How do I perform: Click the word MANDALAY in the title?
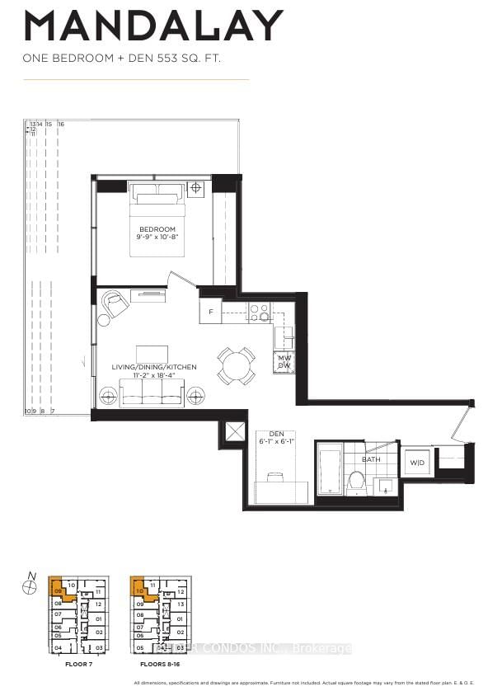[x=153, y=27]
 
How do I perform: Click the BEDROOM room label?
[x=157, y=229]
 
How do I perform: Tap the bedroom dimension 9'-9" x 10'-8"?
[x=157, y=237]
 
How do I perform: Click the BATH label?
[x=372, y=459]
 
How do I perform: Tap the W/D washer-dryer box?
[x=418, y=463]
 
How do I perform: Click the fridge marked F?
[x=211, y=312]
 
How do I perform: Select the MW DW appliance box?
[x=284, y=362]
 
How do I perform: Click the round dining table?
[x=236, y=364]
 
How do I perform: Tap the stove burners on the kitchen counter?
[x=260, y=312]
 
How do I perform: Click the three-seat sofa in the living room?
[x=152, y=393]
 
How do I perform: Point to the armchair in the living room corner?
[x=115, y=306]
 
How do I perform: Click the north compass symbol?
[x=30, y=586]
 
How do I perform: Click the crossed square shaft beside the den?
[x=233, y=431]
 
